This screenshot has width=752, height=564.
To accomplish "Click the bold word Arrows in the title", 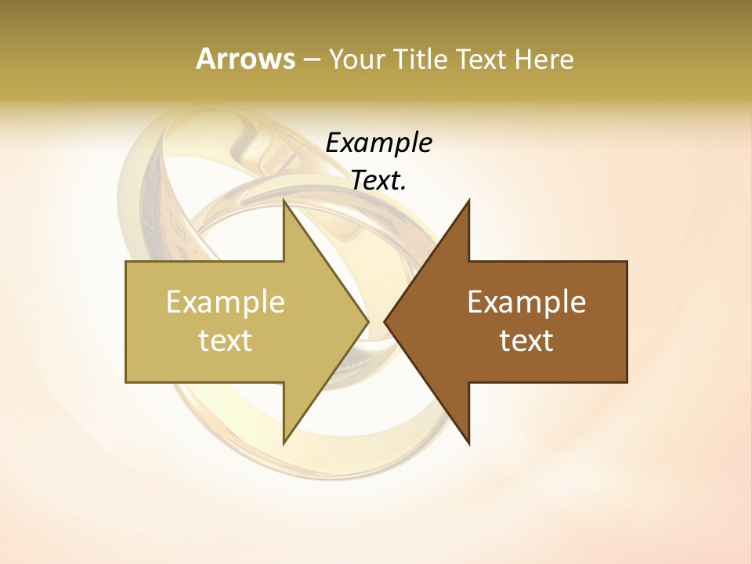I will point(245,59).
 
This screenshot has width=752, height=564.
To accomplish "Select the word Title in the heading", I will point(421,59).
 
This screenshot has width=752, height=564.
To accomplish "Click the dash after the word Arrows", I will point(312,60).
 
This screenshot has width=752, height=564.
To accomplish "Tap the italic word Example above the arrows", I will point(378,143).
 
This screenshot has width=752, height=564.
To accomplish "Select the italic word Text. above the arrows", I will point(378,181).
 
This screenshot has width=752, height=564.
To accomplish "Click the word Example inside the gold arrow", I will point(225,302).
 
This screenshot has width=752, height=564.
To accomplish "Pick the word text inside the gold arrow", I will point(225,341).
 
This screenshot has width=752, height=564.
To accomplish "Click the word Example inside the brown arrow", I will point(526,302).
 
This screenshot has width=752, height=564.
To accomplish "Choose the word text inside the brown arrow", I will point(526,341).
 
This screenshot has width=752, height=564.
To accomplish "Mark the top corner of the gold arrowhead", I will point(284,201).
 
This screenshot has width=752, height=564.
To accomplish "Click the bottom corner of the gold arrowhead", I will point(284,443).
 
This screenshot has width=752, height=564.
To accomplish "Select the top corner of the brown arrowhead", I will point(468,201).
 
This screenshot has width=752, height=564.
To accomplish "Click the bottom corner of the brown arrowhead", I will point(468,443).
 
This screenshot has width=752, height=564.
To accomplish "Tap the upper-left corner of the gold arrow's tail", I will point(126,262).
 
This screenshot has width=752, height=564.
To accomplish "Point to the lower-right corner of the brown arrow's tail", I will point(627,381).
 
